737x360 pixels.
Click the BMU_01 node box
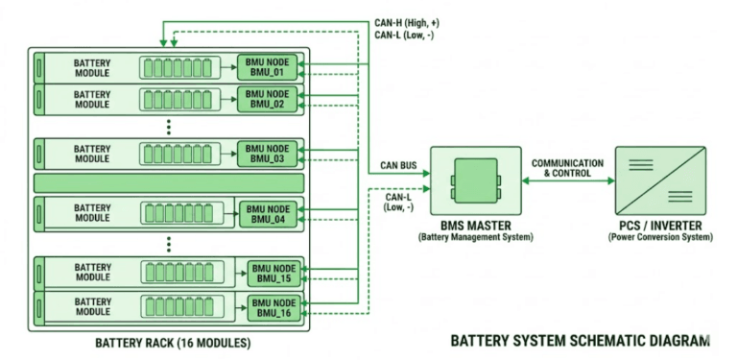pyautogui.click(x=267, y=67)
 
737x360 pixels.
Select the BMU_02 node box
pyautogui.click(x=267, y=99)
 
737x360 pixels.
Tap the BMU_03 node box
pyautogui.click(x=267, y=154)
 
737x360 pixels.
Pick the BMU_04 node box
pyautogui.click(x=268, y=214)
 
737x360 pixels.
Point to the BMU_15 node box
pyautogui.click(x=274, y=274)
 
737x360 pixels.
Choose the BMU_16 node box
pyautogui.click(x=274, y=308)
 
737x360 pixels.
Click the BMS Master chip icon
pyautogui.click(x=476, y=180)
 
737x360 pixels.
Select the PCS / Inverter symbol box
pyautogui.click(x=660, y=180)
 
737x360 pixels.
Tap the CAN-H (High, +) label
pyautogui.click(x=407, y=22)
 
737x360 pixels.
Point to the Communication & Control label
pyautogui.click(x=567, y=168)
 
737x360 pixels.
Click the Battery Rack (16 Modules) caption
pyautogui.click(x=173, y=343)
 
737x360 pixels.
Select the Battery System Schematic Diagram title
pyautogui.click(x=580, y=341)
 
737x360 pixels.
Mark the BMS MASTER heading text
pyautogui.click(x=476, y=226)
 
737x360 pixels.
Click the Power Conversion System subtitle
pyautogui.click(x=660, y=237)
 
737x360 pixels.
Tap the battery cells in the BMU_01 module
pyautogui.click(x=178, y=67)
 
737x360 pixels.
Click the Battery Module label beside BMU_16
pyautogui.click(x=92, y=306)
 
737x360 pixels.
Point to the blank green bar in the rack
pyautogui.click(x=169, y=183)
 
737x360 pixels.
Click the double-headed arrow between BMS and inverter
pyautogui.click(x=568, y=180)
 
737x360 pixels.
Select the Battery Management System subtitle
pyautogui.click(x=476, y=237)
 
